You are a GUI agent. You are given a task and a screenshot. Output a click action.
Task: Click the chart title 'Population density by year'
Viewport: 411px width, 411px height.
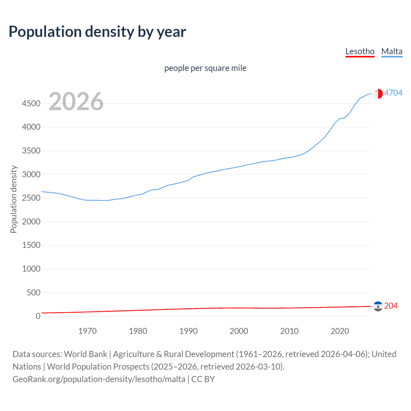(x=97, y=32)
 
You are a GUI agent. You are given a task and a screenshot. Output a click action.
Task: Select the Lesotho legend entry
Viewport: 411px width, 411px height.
(x=360, y=51)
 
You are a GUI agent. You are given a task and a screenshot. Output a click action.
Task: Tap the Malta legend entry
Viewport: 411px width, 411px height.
(x=392, y=51)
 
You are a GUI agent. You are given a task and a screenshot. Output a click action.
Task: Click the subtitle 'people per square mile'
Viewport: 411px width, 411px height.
(x=205, y=68)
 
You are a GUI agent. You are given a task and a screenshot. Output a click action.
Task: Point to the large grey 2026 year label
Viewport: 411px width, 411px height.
(x=76, y=101)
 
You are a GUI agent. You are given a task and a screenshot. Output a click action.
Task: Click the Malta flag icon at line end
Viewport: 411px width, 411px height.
(x=378, y=93)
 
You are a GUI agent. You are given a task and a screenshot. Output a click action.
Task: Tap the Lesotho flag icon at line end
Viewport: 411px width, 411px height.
(x=378, y=306)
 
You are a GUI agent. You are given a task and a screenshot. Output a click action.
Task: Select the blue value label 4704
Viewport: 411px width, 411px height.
(x=393, y=93)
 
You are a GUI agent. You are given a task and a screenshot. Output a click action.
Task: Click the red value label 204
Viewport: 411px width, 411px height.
(x=391, y=306)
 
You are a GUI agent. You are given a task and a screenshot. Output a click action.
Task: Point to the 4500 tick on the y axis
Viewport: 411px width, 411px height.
(x=31, y=103)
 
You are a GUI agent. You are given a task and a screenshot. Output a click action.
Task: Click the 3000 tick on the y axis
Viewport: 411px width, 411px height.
(x=31, y=174)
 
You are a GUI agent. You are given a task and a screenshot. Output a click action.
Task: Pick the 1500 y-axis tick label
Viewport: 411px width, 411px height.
(x=31, y=245)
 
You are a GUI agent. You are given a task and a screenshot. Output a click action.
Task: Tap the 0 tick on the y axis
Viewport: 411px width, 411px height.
(x=38, y=316)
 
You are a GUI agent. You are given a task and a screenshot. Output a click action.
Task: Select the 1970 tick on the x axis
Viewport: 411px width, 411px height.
(x=87, y=331)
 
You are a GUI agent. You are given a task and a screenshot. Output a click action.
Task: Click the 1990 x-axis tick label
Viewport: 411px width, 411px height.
(x=188, y=331)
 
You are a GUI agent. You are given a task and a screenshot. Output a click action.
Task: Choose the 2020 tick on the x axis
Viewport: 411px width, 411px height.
(x=340, y=331)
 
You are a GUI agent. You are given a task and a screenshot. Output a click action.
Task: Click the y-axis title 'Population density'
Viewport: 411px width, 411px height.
(x=13, y=199)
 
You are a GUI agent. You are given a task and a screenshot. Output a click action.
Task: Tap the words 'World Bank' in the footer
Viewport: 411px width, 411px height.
(x=85, y=354)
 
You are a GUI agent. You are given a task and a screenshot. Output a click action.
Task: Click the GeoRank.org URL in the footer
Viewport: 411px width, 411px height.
(x=99, y=379)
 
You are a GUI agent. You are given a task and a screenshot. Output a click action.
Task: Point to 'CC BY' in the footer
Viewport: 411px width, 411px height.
(x=203, y=379)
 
